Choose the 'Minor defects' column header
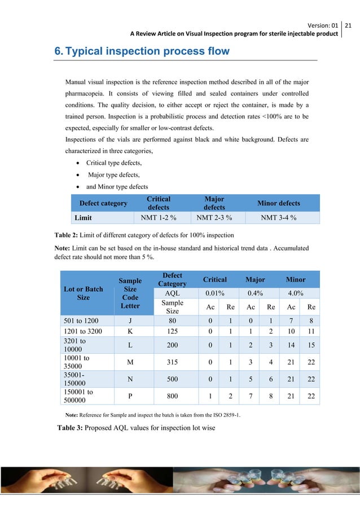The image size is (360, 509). pos(279,203)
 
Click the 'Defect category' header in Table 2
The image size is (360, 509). pos(103,203)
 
